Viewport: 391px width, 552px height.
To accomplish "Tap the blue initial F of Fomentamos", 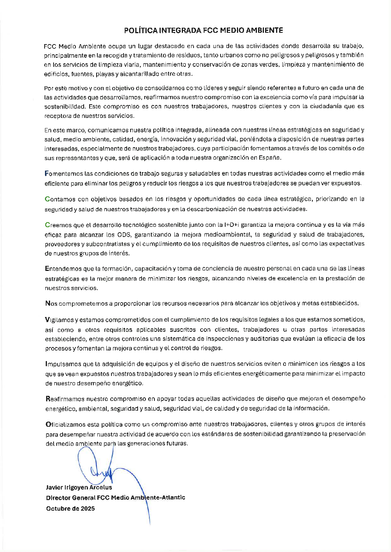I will click(x=47, y=173).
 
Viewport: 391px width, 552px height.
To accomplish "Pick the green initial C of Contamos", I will click(x=47, y=199).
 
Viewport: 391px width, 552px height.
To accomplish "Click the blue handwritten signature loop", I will click(x=96, y=472).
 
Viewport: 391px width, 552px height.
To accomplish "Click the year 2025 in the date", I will click(x=88, y=508).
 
